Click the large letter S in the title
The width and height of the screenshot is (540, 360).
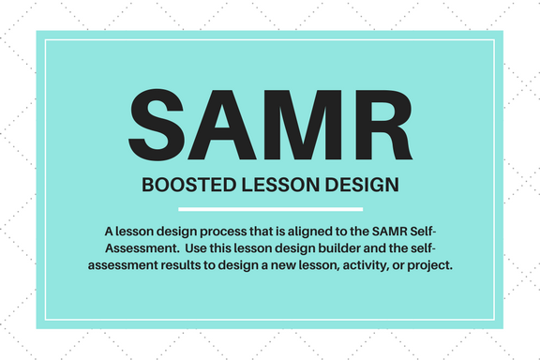(156, 125)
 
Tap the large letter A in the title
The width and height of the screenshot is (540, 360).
(221, 125)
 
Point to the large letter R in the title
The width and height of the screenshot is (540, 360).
(384, 125)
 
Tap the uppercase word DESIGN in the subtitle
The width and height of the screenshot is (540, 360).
(362, 185)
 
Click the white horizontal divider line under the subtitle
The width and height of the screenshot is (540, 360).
(270, 209)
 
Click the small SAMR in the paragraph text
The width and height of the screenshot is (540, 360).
(389, 232)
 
